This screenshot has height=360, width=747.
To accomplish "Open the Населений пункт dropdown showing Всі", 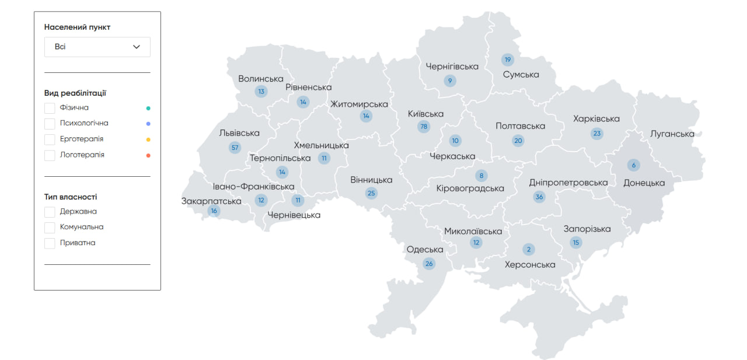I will coord(97,47).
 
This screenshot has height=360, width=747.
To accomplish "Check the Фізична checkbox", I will coord(50,108).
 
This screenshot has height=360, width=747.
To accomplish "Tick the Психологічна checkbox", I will coord(50,124).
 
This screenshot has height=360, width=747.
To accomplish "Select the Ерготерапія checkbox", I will coord(50,139).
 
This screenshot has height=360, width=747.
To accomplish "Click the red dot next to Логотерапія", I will coord(148,155).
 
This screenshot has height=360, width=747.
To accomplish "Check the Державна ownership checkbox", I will coord(50,212).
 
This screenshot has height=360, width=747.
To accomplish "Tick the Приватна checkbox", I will coord(50,243).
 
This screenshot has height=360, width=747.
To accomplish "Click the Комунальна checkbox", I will coord(50,228).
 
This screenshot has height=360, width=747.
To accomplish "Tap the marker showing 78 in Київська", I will coord(424,127).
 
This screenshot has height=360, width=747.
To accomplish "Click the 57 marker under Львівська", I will coord(235,148).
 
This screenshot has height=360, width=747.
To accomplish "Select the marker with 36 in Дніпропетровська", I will coord(539,197).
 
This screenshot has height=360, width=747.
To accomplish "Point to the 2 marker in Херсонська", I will coord(529,250).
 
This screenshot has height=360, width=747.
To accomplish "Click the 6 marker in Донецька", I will coord(634,165).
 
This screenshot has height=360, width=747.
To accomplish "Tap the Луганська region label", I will coord(672,134).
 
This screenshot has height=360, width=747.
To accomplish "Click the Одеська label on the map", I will coord(425,250).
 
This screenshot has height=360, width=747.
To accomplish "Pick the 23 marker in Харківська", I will coord(596,134).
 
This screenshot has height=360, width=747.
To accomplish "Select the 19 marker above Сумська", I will coord(507,60).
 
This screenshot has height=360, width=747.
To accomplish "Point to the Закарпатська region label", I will coord(211,201).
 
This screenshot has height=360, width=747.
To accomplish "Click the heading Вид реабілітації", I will coord(75,93).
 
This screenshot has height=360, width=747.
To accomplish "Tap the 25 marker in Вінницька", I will coord(371,193).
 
